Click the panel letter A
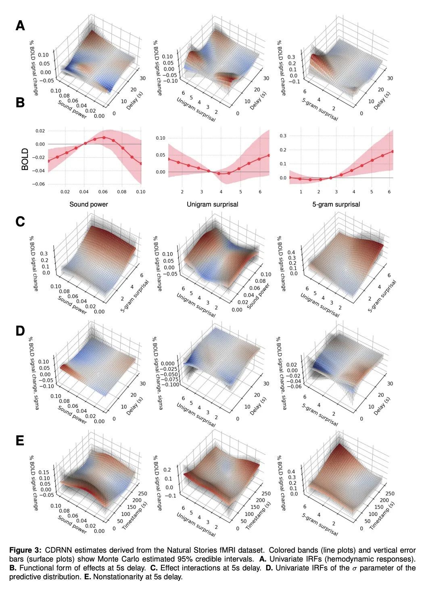coord(20,26)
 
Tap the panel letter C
coord(20,222)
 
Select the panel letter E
coord(20,441)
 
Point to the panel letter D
coord(20,331)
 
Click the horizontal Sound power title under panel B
coord(89,204)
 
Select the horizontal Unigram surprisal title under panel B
coord(212,204)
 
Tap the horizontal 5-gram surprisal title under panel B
coord(336,204)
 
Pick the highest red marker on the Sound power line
coord(104,137)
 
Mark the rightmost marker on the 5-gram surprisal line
coord(393,151)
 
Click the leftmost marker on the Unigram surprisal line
coord(169,159)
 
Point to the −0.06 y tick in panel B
coord(40,184)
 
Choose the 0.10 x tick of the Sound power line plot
coord(140,192)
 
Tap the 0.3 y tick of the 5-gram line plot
coord(283,136)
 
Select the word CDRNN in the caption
coord(57,550)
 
